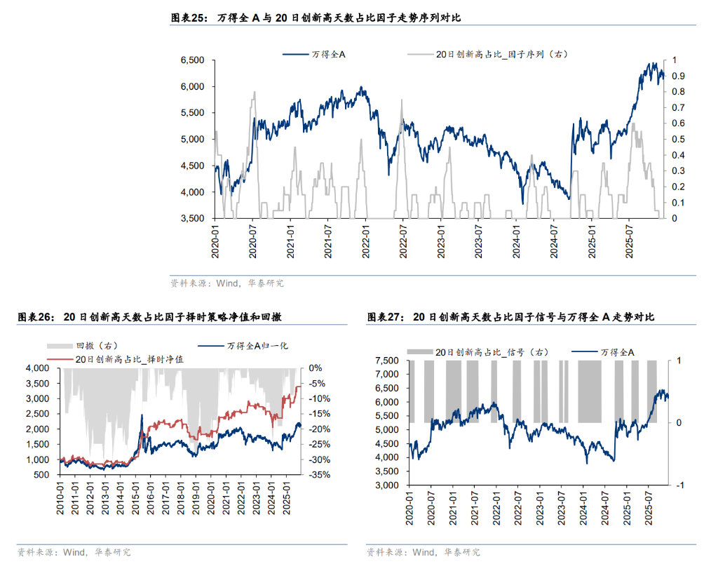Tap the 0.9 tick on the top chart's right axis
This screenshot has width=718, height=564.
679,76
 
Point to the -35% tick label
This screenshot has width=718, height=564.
314,475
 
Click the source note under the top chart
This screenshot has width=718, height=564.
227,283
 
